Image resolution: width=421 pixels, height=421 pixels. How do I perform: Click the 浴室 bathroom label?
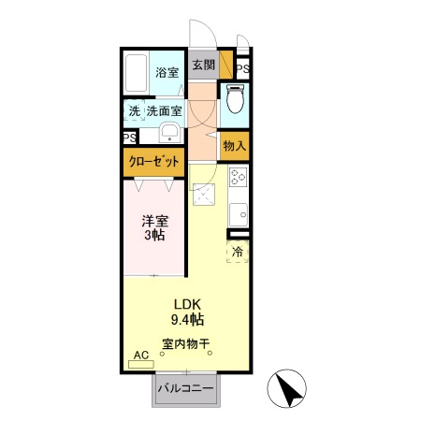click(x=167, y=72)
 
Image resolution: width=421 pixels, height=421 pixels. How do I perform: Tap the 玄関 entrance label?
click(x=203, y=65)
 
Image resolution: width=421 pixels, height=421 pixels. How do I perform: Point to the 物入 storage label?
click(x=234, y=145)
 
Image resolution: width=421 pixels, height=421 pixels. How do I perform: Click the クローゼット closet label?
click(x=152, y=162)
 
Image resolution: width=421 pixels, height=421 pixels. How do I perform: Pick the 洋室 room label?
click(x=154, y=222)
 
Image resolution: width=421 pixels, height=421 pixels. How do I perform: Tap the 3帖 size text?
click(x=154, y=237)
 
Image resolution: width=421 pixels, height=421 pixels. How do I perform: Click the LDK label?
click(x=184, y=304)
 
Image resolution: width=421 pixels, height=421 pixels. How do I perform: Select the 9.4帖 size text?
click(x=184, y=319)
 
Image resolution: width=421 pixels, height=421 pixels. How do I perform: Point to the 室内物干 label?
click(x=184, y=343)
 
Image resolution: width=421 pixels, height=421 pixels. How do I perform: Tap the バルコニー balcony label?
click(x=185, y=388)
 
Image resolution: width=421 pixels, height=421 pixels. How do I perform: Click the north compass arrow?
click(x=290, y=388)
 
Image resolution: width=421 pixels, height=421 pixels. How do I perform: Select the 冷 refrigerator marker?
click(x=238, y=251)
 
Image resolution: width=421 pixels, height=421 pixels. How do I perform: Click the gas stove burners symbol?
click(x=237, y=175)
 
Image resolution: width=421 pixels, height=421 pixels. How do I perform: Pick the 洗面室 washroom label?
click(x=164, y=110)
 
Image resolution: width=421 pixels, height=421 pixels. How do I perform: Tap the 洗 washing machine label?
click(x=134, y=110)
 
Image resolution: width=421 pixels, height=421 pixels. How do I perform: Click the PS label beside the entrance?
click(x=242, y=68)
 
